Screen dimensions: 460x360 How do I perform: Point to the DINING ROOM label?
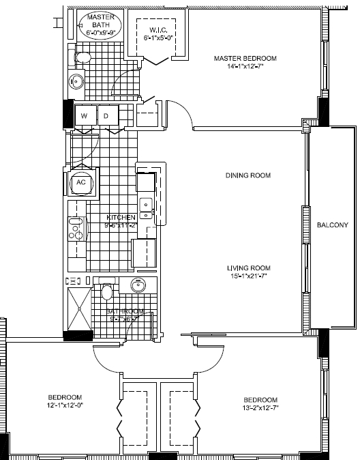click(x=248, y=175)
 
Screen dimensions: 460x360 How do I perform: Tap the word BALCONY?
click(x=333, y=225)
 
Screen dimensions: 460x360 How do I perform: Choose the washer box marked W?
click(x=85, y=116)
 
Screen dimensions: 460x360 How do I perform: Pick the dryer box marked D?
click(x=107, y=116)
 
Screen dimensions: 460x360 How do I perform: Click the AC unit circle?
click(x=80, y=183)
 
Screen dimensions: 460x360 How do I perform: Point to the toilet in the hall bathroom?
click(x=106, y=292)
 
